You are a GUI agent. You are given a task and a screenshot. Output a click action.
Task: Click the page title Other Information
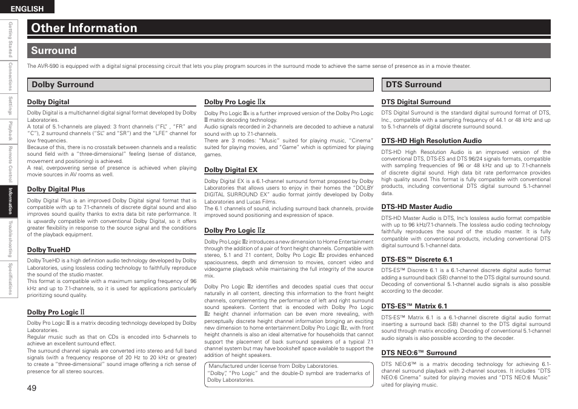point(84,28)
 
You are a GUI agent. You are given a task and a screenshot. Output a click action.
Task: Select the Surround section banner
point(54,51)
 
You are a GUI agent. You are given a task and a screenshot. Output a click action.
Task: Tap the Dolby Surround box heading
point(62,85)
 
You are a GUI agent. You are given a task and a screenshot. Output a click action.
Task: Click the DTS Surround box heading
point(414,85)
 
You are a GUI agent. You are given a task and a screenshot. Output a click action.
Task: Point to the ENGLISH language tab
point(27,8)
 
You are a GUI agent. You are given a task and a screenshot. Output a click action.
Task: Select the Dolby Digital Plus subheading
point(56,190)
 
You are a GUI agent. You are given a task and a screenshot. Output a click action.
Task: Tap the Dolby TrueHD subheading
point(48,250)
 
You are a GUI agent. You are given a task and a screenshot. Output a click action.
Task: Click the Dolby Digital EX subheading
point(231,170)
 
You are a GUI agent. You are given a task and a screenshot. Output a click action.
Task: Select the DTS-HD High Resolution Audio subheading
point(431,141)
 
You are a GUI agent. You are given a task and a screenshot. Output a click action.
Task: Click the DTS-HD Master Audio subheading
point(416,207)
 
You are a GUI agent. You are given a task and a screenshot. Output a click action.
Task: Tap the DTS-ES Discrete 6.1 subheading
point(417,260)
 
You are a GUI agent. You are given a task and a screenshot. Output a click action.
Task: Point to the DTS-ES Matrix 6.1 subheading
point(414,307)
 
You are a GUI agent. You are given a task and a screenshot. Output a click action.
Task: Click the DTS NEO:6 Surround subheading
point(419,353)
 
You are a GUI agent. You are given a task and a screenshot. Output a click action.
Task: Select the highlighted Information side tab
point(10,201)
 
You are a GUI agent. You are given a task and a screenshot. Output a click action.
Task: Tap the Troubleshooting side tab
point(10,239)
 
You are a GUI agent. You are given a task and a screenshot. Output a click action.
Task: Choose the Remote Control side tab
point(10,164)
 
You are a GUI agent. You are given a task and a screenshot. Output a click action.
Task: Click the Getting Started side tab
point(10,39)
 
